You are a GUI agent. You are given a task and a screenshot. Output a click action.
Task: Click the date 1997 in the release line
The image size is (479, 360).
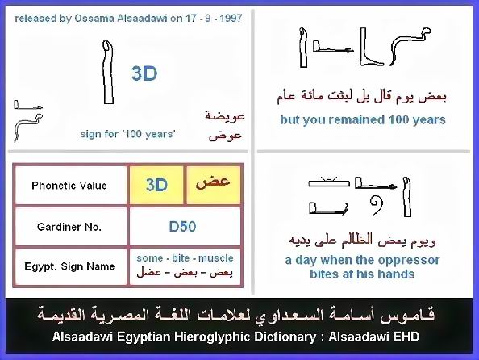pos(231,19)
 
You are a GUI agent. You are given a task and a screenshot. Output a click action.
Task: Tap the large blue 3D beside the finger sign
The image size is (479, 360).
pos(144,73)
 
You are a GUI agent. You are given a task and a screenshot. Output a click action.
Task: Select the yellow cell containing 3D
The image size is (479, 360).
pos(156,185)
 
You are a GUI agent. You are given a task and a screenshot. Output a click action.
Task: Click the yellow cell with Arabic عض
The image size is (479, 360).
pos(213,185)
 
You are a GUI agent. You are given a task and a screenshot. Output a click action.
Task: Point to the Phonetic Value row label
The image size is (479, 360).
pos(69,186)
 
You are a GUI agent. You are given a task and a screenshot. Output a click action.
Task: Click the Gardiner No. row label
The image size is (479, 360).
pos(69,227)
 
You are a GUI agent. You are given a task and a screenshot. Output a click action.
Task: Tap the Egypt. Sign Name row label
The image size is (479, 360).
pos(69,266)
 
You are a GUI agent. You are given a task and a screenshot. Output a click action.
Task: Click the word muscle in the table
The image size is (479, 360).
pos(215,258)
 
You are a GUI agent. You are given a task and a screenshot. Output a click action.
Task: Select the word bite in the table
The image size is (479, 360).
pos(181,258)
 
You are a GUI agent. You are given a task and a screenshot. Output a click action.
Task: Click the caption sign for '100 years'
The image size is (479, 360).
pos(127,134)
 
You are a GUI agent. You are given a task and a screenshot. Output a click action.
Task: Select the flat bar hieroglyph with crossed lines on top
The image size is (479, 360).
pos(329,182)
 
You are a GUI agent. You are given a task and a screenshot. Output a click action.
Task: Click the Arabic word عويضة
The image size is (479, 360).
pos(225,116)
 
